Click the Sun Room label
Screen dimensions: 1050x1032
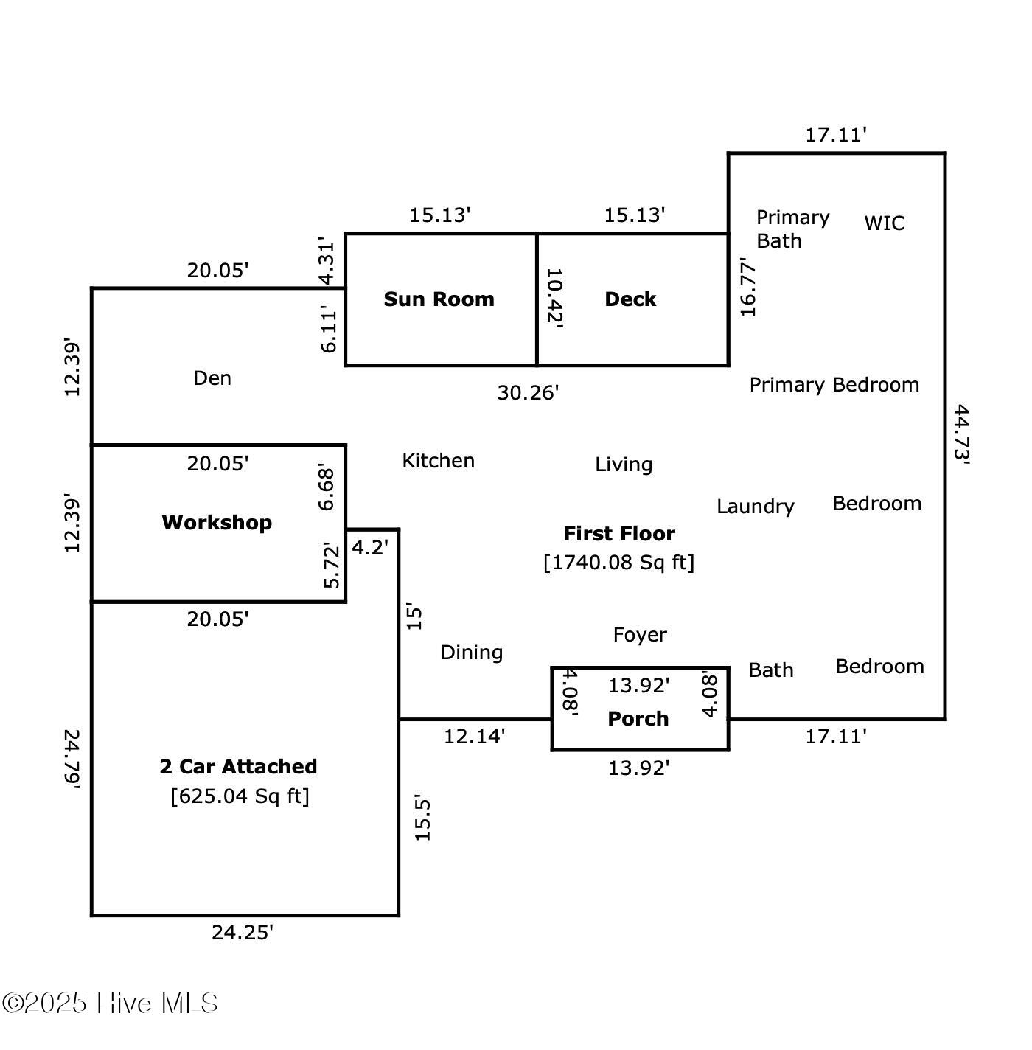pyautogui.click(x=439, y=299)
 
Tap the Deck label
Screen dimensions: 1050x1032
pyautogui.click(x=630, y=299)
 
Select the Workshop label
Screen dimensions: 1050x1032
pyautogui.click(x=217, y=522)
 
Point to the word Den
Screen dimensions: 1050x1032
pyautogui.click(x=212, y=378)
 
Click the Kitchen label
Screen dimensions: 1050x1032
pyautogui.click(x=438, y=461)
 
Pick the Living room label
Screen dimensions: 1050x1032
pyautogui.click(x=624, y=465)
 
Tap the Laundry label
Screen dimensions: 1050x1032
pyautogui.click(x=756, y=507)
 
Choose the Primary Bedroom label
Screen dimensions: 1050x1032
pyautogui.click(x=834, y=385)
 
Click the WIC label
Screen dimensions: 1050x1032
pyautogui.click(x=884, y=223)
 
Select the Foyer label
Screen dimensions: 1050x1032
pyautogui.click(x=640, y=635)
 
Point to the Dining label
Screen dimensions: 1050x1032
pyautogui.click(x=472, y=653)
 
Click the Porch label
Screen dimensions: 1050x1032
pyautogui.click(x=638, y=719)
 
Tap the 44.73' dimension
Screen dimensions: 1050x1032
pyautogui.click(x=962, y=434)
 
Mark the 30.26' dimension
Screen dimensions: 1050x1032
pyautogui.click(x=528, y=393)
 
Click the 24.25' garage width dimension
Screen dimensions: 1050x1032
pyautogui.click(x=243, y=933)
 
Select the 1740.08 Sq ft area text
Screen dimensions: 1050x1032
pyautogui.click(x=619, y=563)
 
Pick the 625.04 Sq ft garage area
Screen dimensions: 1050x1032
pyautogui.click(x=240, y=796)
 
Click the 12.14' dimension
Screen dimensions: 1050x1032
pyautogui.click(x=474, y=736)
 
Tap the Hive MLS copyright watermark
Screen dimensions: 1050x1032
pyautogui.click(x=111, y=1004)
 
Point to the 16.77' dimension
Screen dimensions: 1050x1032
pyautogui.click(x=748, y=288)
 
